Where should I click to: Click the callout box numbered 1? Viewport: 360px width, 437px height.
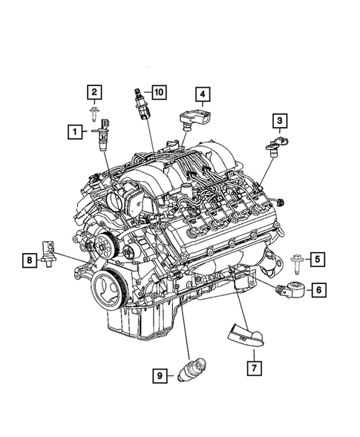pos(74,133)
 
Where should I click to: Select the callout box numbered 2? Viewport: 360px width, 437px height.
pos(95,92)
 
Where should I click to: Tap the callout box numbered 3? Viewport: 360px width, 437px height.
pos(279,120)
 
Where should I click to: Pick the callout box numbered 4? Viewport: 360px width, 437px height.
pos(203,94)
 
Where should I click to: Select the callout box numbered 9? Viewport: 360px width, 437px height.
pos(160,377)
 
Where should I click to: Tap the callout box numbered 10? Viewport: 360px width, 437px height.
pos(159,92)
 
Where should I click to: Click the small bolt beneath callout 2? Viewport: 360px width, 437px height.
pos(95,113)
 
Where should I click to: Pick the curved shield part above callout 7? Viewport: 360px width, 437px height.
pos(243,332)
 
